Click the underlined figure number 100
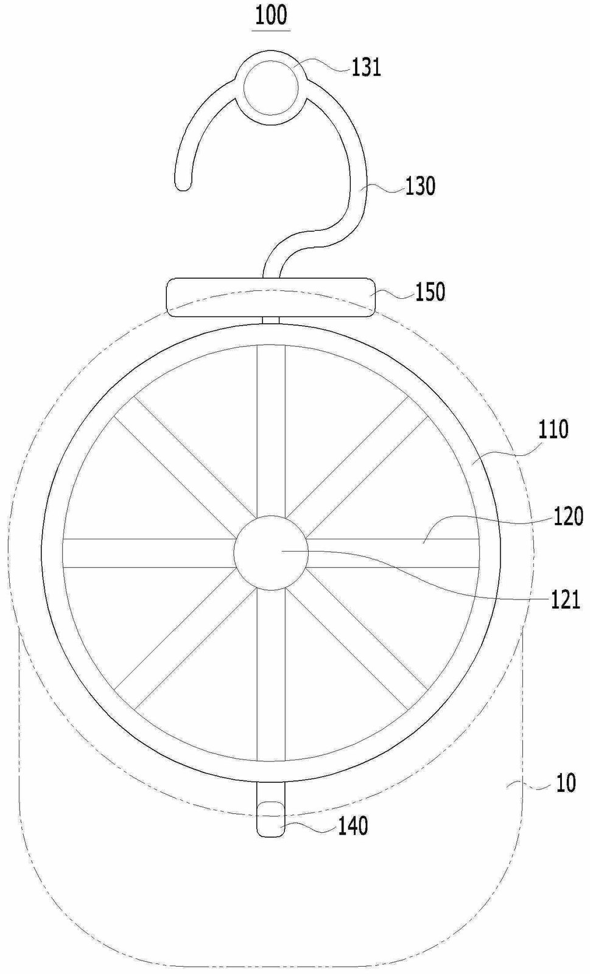pyautogui.click(x=272, y=16)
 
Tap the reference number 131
pyautogui.click(x=367, y=68)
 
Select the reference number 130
pyautogui.click(x=420, y=186)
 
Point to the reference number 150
pyautogui.click(x=430, y=292)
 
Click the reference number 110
pyautogui.click(x=553, y=429)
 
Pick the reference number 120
pyautogui.click(x=568, y=517)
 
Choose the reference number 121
pyautogui.click(x=565, y=600)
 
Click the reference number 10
pyautogui.click(x=566, y=783)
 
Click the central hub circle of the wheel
pyautogui.click(x=271, y=553)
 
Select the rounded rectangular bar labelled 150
pyautogui.click(x=270, y=298)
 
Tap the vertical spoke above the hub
pyautogui.click(x=272, y=430)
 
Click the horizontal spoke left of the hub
pyautogui.click(x=149, y=553)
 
